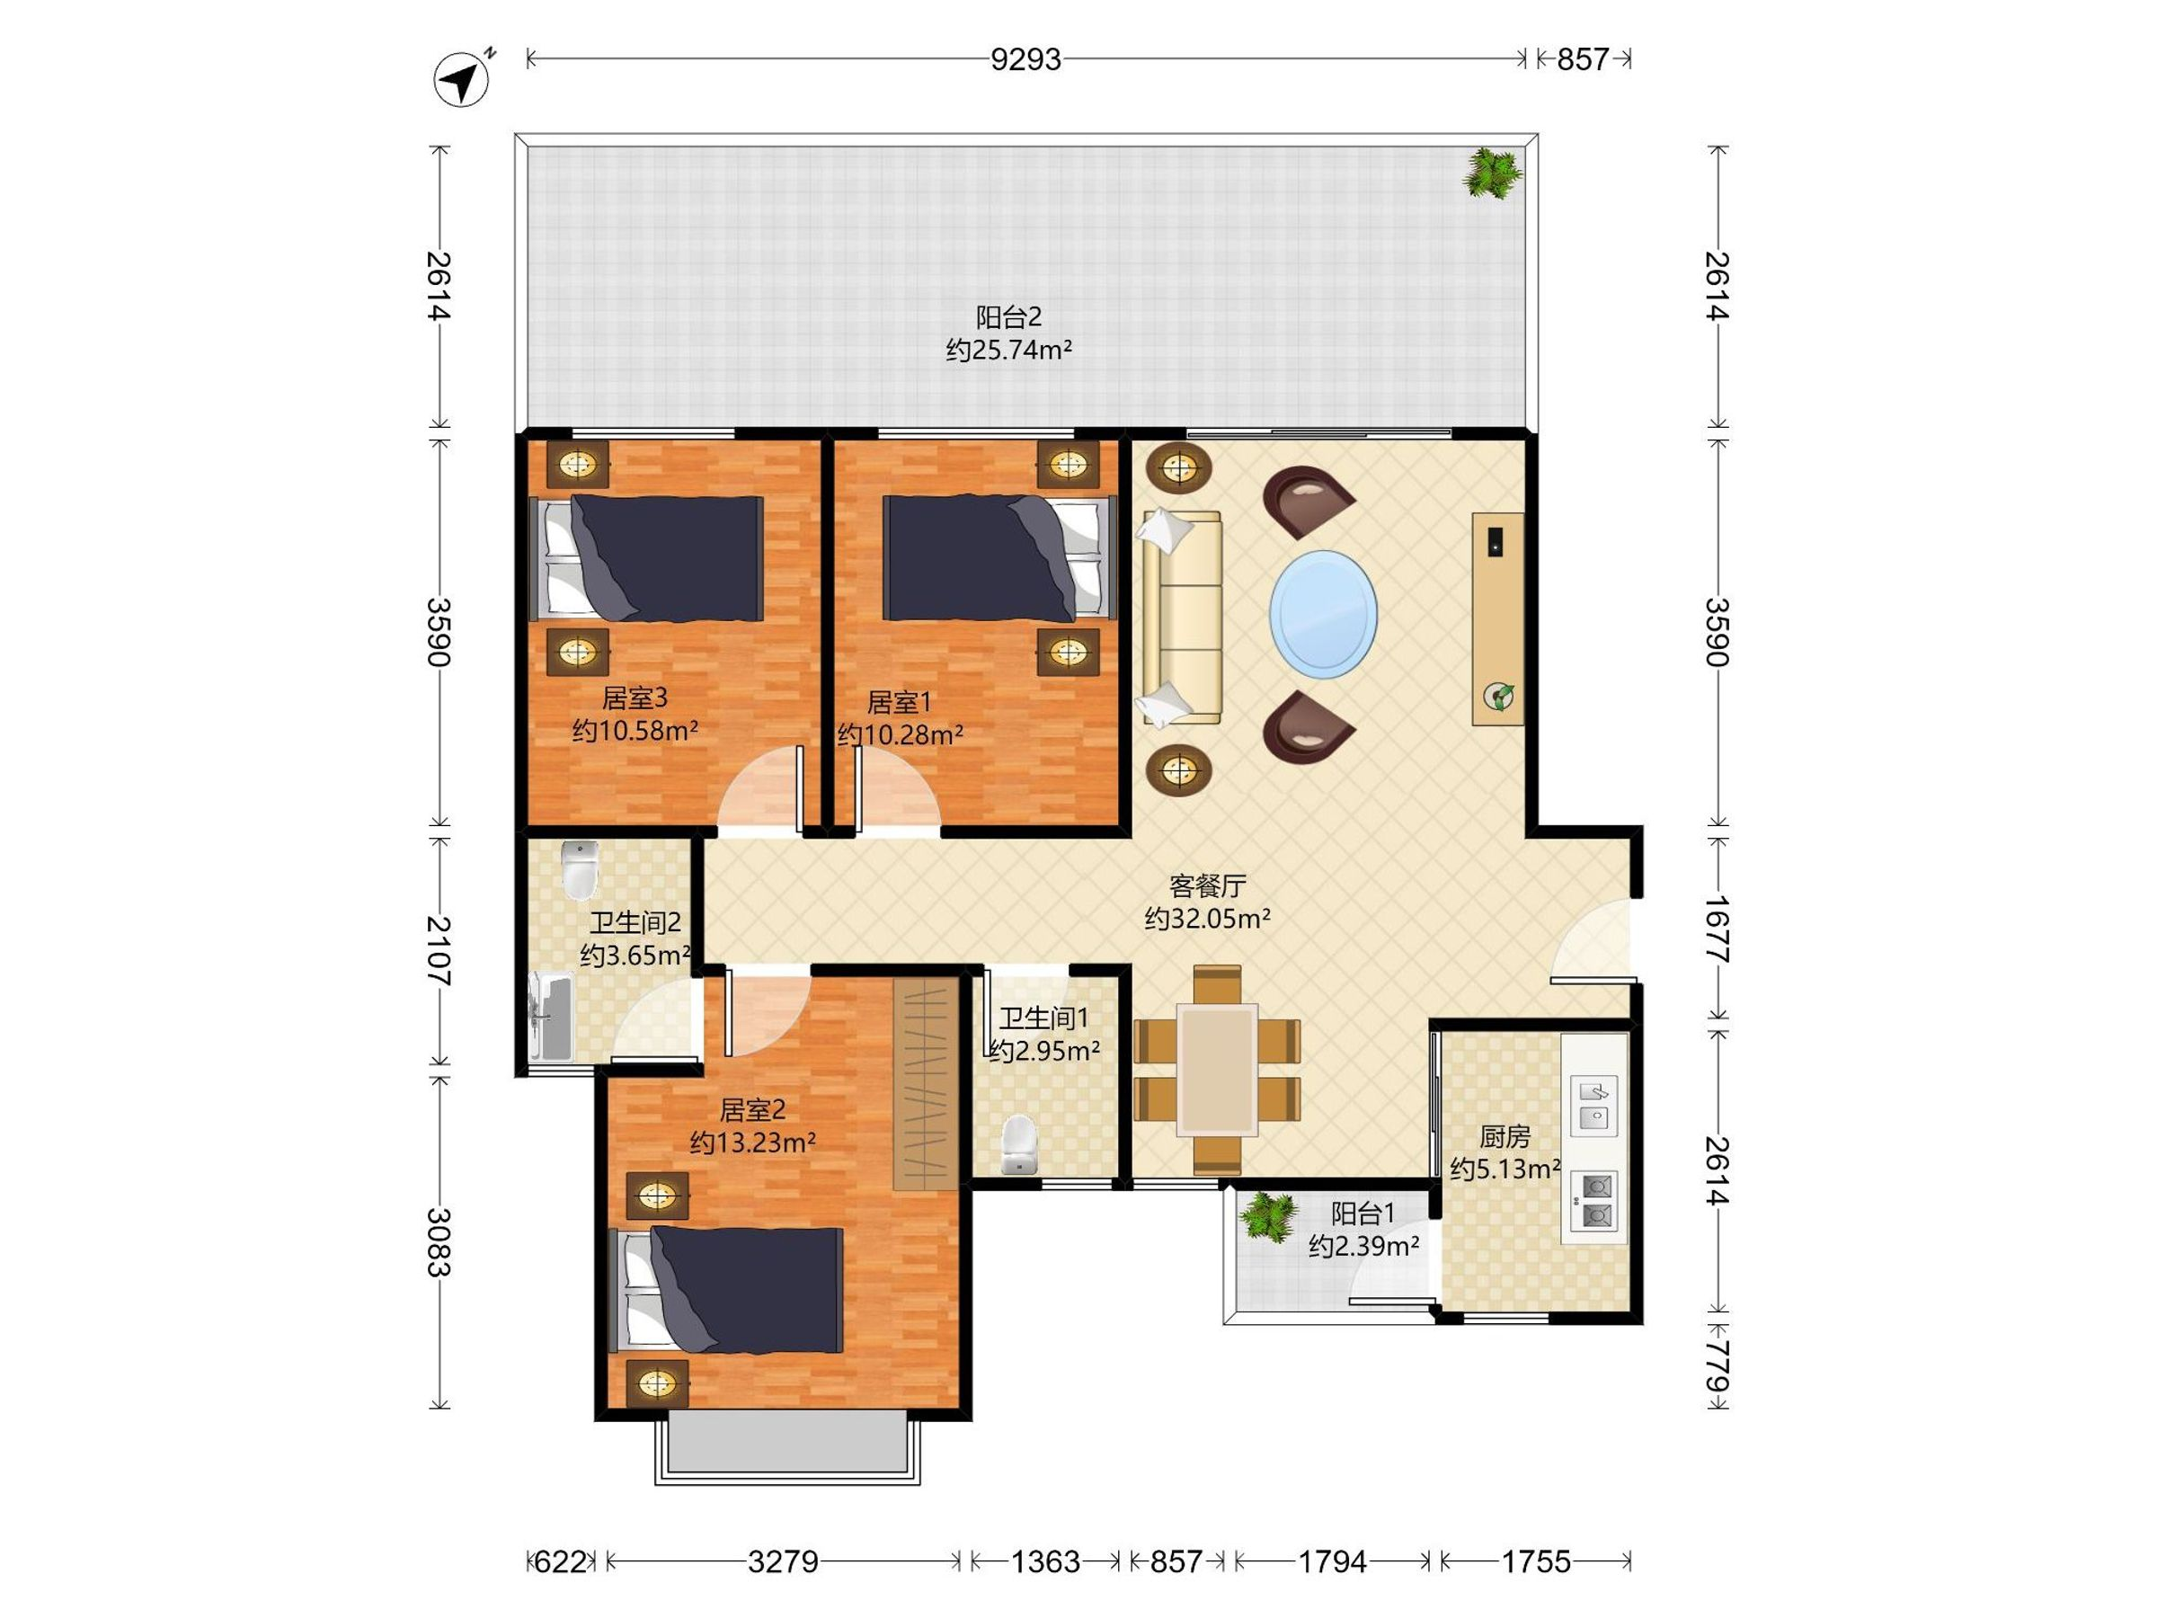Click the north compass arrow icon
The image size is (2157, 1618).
click(461, 78)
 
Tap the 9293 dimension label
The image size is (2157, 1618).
click(1025, 59)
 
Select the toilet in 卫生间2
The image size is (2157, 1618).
click(581, 869)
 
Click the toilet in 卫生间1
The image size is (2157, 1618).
click(1019, 1145)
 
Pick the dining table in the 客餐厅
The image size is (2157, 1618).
click(1217, 1071)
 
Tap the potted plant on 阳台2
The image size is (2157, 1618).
click(1492, 173)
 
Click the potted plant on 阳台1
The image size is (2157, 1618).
click(1267, 1216)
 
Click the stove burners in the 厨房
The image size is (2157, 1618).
click(1594, 1201)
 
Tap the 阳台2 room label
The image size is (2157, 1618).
click(1009, 317)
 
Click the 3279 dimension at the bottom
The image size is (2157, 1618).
click(783, 1561)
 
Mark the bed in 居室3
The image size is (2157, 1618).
click(646, 559)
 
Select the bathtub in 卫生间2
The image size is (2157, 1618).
click(550, 1018)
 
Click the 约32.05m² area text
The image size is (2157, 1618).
click(1207, 918)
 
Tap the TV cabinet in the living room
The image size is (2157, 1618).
click(1498, 618)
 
